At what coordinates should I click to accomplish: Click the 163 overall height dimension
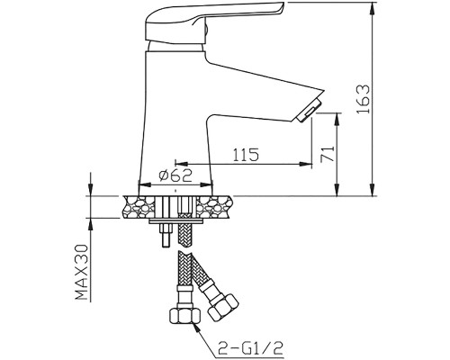point(364,99)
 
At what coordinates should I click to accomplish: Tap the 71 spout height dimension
point(328,154)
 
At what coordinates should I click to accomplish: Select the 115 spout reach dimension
point(246,155)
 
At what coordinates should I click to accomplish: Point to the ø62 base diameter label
point(175,175)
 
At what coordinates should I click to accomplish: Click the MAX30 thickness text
point(82,272)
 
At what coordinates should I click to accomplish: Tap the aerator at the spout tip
point(309,111)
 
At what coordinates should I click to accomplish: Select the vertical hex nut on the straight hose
point(184,316)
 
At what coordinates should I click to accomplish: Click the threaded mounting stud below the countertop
point(166,235)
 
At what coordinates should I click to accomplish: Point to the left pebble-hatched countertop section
point(139,207)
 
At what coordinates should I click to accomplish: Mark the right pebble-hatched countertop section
point(214,207)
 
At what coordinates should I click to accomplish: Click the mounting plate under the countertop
point(176,221)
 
